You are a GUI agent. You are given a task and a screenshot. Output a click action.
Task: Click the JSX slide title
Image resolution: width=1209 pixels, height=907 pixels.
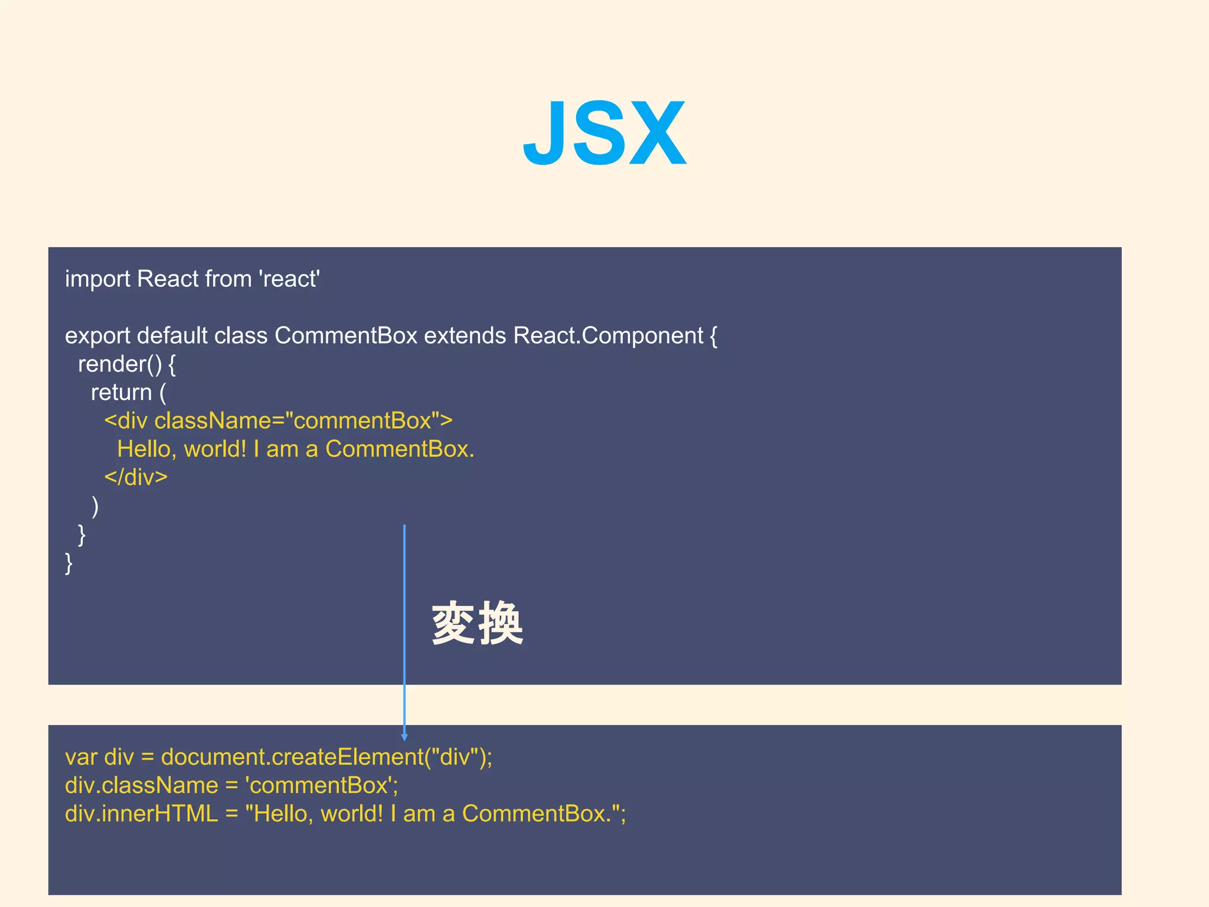coord(604,133)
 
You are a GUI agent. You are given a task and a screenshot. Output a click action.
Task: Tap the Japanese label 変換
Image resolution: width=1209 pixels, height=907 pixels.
coord(477,624)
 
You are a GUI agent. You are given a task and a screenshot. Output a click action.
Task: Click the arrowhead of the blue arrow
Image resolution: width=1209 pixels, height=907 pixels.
coord(404,736)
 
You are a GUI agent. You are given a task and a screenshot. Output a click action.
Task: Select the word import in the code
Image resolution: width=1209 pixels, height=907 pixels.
coord(97,279)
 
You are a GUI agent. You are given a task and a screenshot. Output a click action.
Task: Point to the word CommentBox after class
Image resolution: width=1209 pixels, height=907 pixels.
coord(346,335)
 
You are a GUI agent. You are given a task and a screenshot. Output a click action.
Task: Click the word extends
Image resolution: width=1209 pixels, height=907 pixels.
coord(465,335)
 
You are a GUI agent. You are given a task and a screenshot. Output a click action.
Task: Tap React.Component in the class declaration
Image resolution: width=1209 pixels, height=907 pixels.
coord(608,335)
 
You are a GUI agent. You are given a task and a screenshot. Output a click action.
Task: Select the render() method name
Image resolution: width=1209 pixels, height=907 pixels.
coord(120,364)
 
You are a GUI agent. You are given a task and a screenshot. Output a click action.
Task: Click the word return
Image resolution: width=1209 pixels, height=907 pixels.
coord(121,393)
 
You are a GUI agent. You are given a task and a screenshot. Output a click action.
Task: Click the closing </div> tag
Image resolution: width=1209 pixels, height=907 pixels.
coord(136,477)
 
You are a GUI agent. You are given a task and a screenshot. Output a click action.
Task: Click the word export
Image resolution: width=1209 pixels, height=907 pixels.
coord(97,335)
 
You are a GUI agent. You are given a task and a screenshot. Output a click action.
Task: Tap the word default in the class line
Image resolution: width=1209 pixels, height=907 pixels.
coord(172,335)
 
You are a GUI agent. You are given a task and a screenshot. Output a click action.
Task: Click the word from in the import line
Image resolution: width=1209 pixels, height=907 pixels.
coord(233,279)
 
